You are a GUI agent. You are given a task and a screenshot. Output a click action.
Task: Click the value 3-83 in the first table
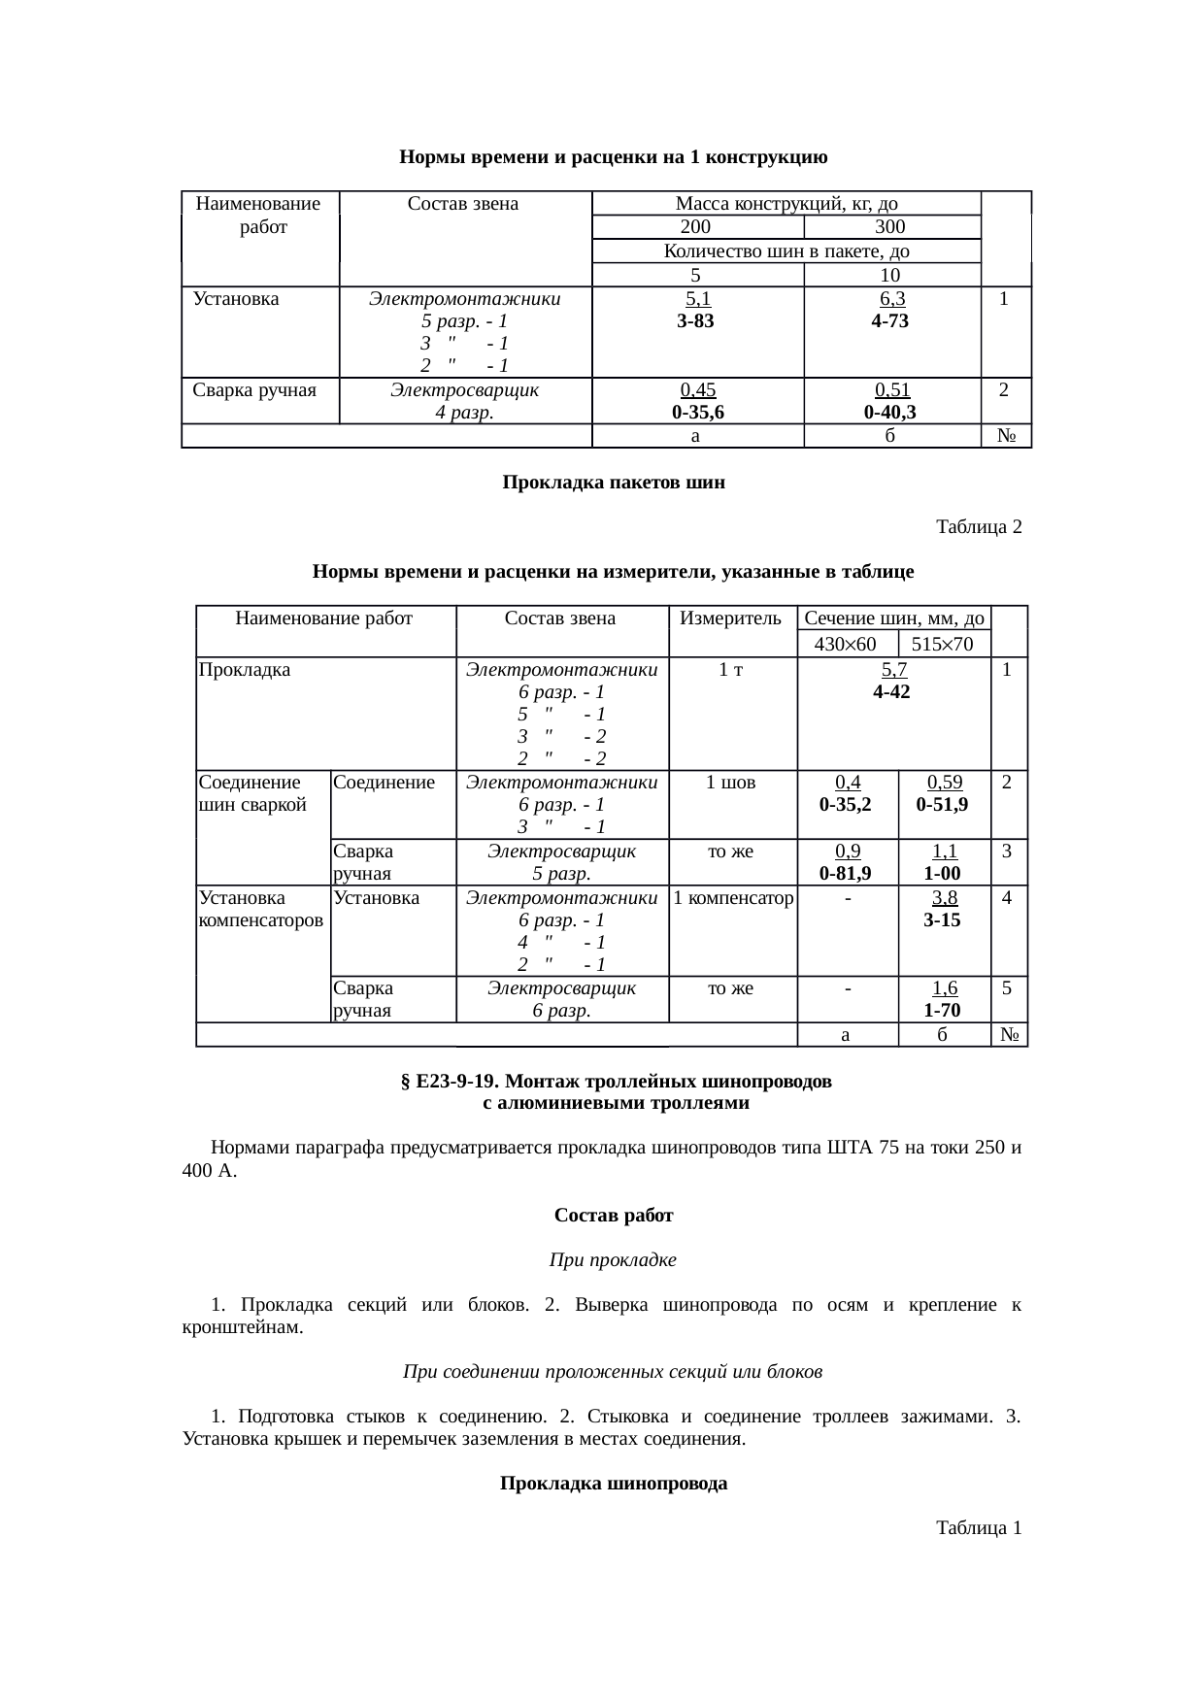[695, 321]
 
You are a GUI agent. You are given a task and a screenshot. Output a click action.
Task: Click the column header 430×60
[845, 644]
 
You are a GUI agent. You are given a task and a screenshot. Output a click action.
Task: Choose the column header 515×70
[943, 644]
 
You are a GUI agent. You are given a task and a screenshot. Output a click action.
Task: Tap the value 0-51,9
[943, 805]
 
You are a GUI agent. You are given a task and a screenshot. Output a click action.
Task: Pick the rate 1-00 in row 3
[943, 873]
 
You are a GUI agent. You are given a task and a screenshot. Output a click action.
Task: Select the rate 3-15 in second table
[943, 919]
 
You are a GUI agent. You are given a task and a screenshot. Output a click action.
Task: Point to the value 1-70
[943, 1011]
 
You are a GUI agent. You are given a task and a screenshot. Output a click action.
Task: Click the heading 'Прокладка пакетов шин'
[614, 483]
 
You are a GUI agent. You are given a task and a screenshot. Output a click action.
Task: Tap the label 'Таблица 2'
[978, 527]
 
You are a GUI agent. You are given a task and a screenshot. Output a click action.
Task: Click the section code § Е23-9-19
[451, 1082]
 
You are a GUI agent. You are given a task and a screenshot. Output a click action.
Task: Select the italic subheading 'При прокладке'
[613, 1260]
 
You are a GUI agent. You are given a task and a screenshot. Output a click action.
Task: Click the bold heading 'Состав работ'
[614, 1216]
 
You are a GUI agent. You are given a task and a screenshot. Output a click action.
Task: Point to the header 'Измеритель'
[731, 618]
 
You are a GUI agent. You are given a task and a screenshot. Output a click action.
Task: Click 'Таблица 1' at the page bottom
[978, 1528]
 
